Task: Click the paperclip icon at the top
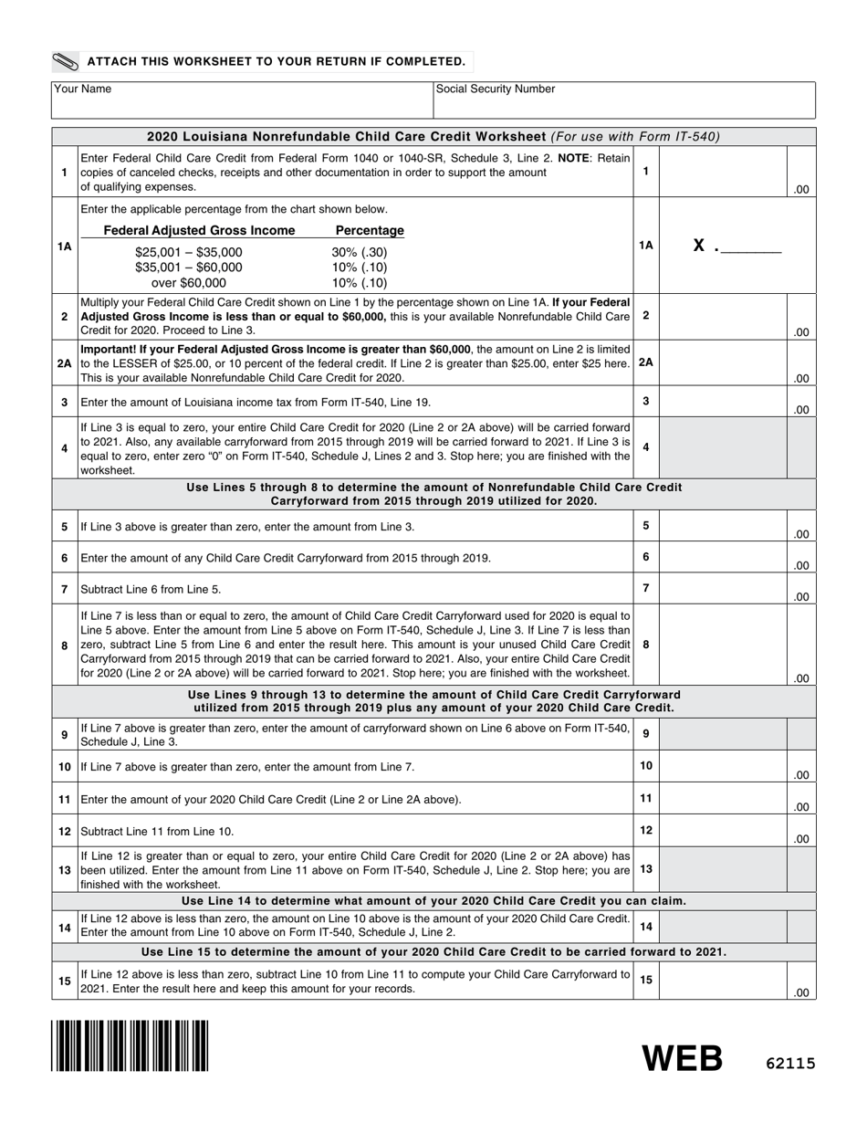(66, 62)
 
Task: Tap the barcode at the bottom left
(130, 1045)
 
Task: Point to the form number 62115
(789, 1063)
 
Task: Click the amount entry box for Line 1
(722, 172)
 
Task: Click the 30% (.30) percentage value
(360, 252)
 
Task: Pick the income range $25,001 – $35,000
(189, 252)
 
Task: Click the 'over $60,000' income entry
(189, 283)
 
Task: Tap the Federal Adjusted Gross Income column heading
(199, 230)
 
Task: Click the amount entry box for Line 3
(722, 402)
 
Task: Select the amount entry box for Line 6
(722, 557)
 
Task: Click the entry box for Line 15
(722, 981)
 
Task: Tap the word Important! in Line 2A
(111, 349)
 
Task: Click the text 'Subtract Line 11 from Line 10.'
(158, 831)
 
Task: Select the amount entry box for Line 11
(722, 799)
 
